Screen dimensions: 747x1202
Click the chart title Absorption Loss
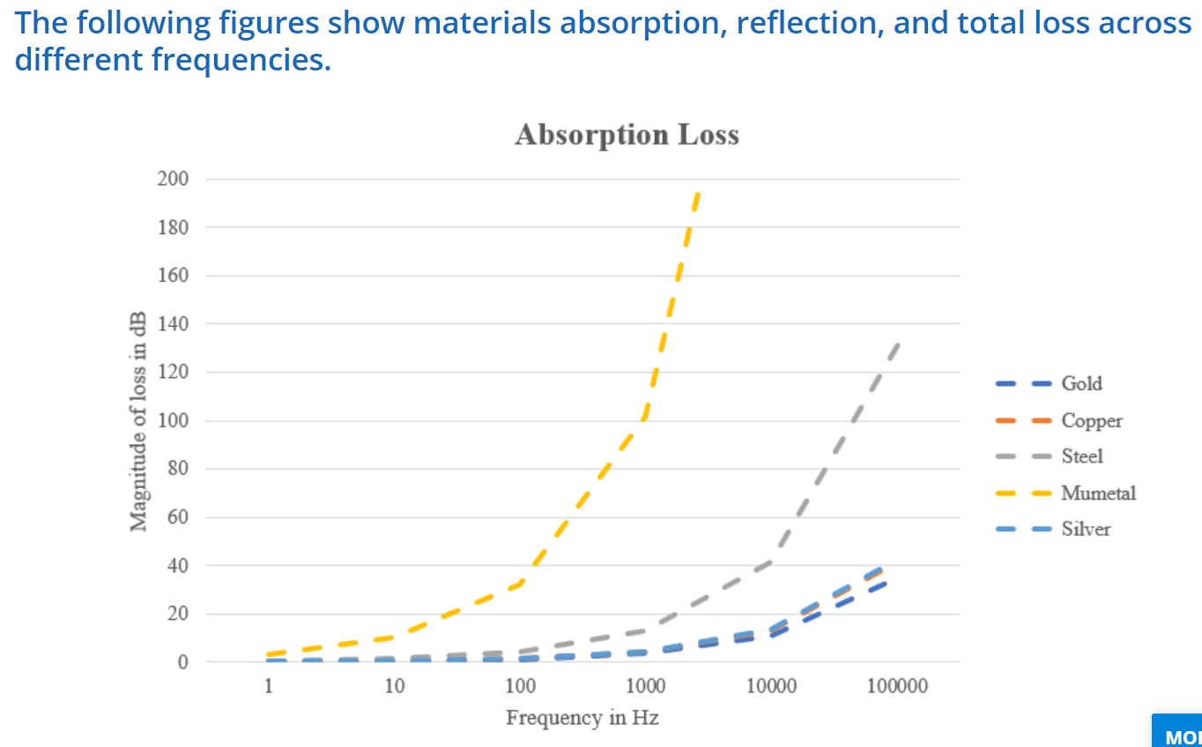tap(627, 135)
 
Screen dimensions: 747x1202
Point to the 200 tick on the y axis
tap(173, 179)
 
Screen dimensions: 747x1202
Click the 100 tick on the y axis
tap(173, 420)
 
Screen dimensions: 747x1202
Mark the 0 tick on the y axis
tap(182, 662)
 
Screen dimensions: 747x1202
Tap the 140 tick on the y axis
tap(173, 324)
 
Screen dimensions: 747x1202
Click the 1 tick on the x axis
tap(269, 687)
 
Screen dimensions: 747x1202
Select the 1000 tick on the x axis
tap(646, 687)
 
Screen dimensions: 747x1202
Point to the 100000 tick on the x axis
tap(897, 687)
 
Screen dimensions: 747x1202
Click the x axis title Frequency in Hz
tap(582, 718)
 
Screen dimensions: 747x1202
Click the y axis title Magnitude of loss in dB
tap(138, 421)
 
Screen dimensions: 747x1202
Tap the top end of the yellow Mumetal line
tap(698, 192)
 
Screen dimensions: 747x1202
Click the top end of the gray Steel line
tap(897, 344)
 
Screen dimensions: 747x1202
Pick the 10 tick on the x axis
tap(394, 687)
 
